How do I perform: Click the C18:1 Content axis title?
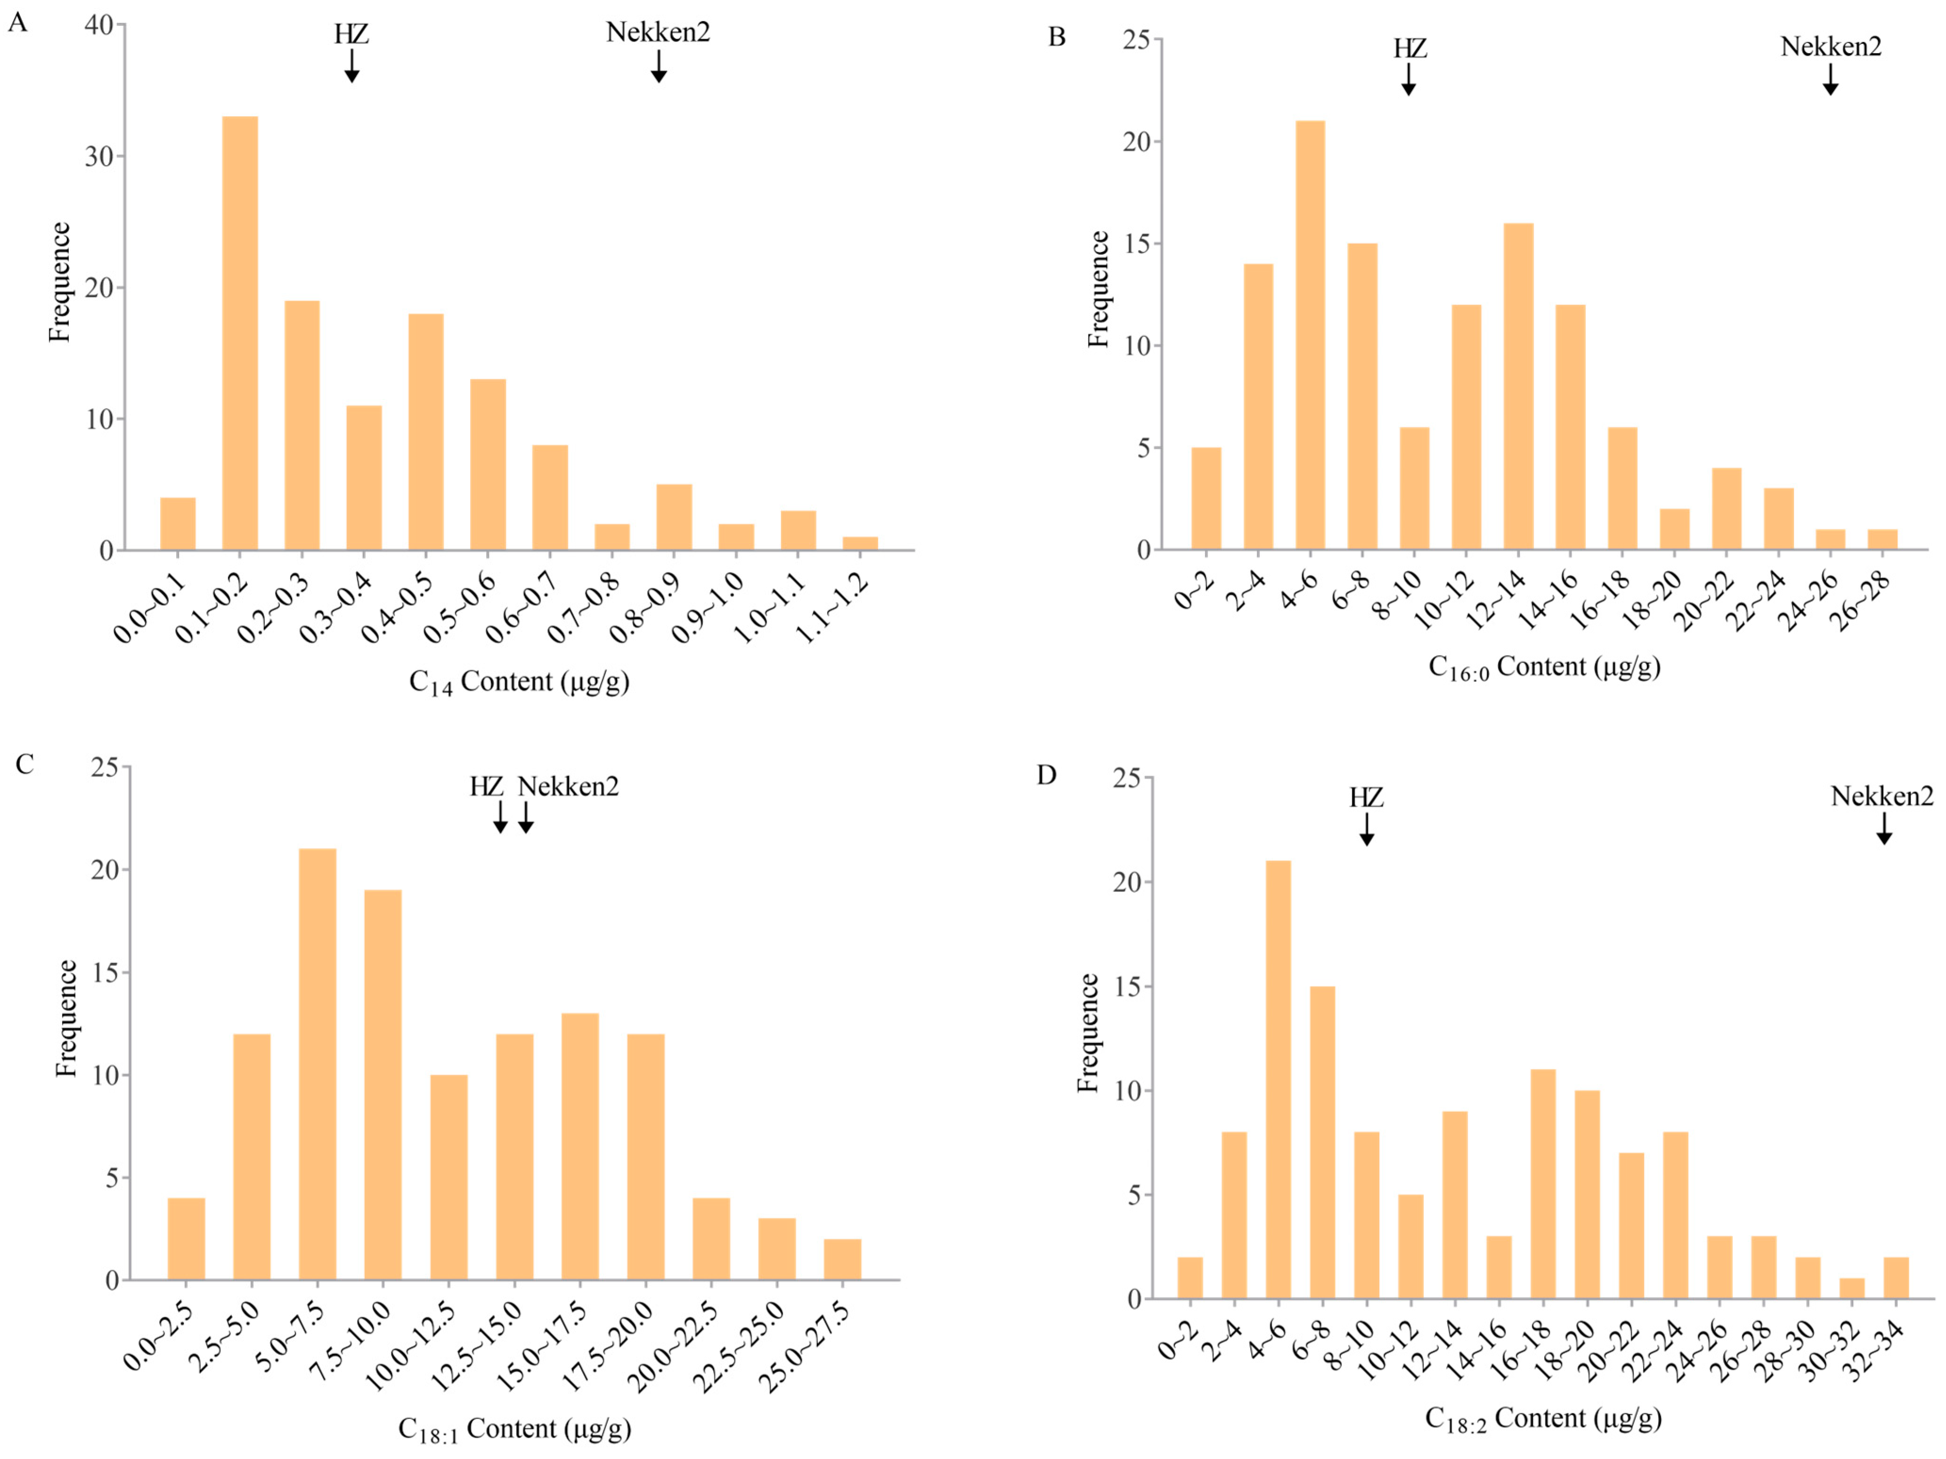click(x=515, y=1428)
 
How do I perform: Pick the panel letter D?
click(x=1046, y=775)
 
